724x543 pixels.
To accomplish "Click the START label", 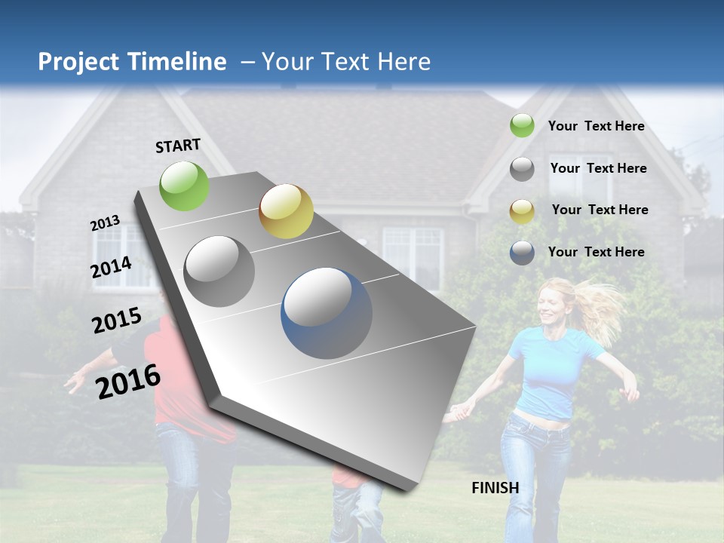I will [x=178, y=146].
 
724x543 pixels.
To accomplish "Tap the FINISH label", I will [x=495, y=488].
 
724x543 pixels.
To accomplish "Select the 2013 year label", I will [x=105, y=223].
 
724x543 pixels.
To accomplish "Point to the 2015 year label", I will [x=116, y=321].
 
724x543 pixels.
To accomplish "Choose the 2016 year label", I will [x=128, y=382].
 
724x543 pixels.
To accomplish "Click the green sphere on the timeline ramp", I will [x=185, y=186].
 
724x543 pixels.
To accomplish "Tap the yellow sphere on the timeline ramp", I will [x=286, y=211].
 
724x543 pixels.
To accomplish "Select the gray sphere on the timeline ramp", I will [x=219, y=271].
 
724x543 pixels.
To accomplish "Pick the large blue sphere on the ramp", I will [x=327, y=313].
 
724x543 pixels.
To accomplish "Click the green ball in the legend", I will [x=522, y=125].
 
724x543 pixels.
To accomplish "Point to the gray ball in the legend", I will [x=522, y=169].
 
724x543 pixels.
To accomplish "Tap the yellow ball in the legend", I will [x=522, y=211].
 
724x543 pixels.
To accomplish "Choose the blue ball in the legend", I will [x=522, y=253].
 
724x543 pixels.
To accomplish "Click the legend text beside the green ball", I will [x=596, y=126].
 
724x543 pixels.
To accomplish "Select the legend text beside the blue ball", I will [x=596, y=252].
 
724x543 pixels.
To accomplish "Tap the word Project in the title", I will [x=78, y=62].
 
